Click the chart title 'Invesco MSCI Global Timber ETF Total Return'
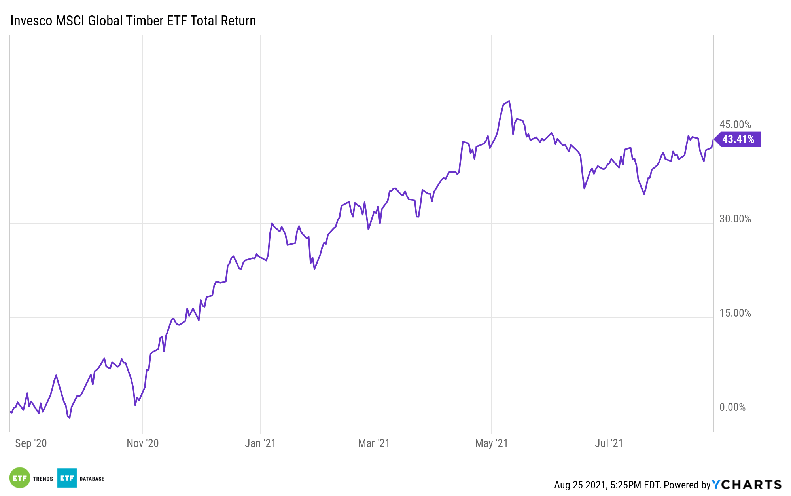click(133, 21)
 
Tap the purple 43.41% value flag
click(738, 139)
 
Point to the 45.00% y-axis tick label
click(735, 125)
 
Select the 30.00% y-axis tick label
click(735, 219)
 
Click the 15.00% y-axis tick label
click(735, 313)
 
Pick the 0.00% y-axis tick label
click(732, 407)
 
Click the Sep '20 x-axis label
click(31, 443)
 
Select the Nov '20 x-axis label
click(142, 443)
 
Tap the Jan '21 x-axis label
click(260, 443)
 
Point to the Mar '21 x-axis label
click(374, 443)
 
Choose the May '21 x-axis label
click(491, 443)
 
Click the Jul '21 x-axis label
click(609, 443)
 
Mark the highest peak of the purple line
click(509, 101)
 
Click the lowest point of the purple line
click(70, 418)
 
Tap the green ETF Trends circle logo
click(20, 478)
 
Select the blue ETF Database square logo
click(67, 478)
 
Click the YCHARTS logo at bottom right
click(747, 485)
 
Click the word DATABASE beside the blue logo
click(92, 479)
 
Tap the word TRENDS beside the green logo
click(43, 479)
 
